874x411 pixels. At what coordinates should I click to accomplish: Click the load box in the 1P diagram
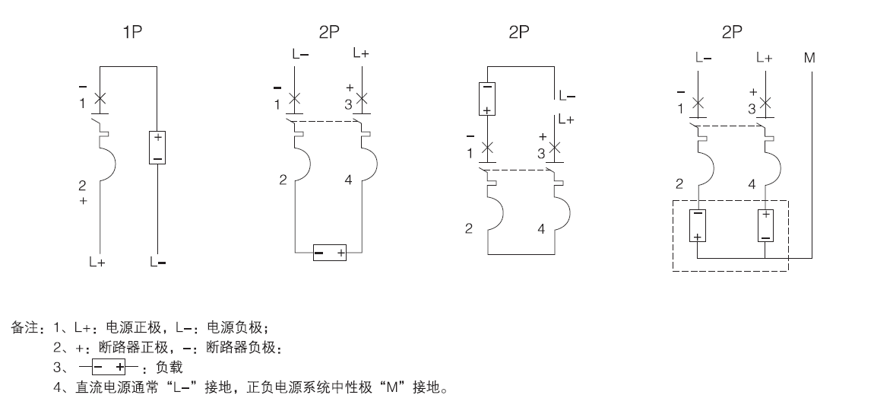click(157, 147)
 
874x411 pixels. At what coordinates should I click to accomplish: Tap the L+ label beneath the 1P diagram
click(97, 263)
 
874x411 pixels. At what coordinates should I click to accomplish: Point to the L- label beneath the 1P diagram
click(157, 263)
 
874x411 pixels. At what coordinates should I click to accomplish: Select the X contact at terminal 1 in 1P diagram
click(99, 98)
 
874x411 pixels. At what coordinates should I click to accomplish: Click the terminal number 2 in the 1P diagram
click(82, 185)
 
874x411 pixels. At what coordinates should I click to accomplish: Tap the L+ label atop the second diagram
click(362, 54)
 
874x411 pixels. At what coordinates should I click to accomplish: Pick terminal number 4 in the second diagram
click(349, 180)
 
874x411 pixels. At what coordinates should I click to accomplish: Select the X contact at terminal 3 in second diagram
click(362, 99)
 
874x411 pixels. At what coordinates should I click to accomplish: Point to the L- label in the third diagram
click(567, 97)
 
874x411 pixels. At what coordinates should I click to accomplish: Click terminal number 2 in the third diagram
click(470, 228)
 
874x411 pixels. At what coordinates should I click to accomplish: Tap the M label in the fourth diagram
click(812, 57)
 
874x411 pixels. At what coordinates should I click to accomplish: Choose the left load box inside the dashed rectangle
click(698, 225)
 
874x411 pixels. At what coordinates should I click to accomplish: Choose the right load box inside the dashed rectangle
click(765, 225)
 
